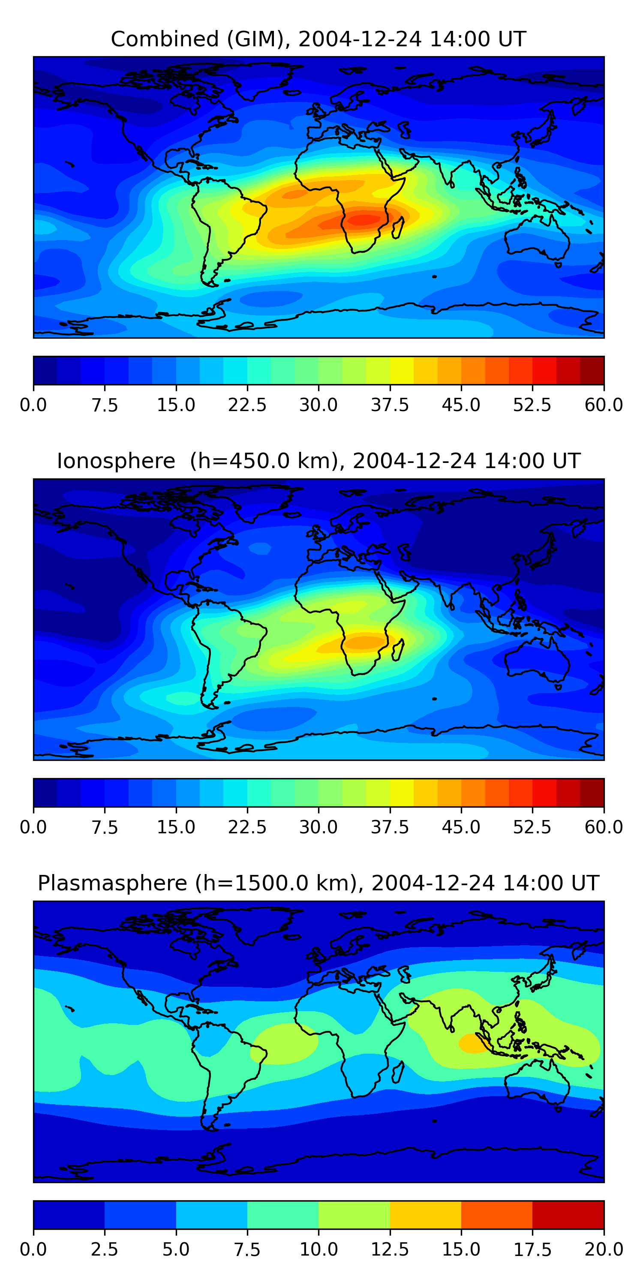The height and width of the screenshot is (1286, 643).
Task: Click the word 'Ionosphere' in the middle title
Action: tap(116, 461)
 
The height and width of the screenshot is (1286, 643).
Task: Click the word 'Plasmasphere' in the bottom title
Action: tap(112, 883)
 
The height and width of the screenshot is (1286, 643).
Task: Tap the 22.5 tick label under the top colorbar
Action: tap(247, 405)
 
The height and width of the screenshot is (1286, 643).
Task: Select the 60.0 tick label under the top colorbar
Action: tap(604, 405)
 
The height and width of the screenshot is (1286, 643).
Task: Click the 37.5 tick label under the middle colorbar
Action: tap(389, 827)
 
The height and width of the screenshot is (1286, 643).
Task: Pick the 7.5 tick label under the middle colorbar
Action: tap(104, 827)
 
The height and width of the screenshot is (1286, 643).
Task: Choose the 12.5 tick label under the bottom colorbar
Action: tap(389, 1250)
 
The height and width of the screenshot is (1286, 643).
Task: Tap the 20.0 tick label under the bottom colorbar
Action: tap(604, 1250)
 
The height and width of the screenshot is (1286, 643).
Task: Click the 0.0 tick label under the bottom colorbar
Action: tap(33, 1250)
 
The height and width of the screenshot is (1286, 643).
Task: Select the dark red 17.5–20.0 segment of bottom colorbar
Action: tap(568, 1214)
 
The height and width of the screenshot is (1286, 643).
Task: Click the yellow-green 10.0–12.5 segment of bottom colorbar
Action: tap(354, 1214)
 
